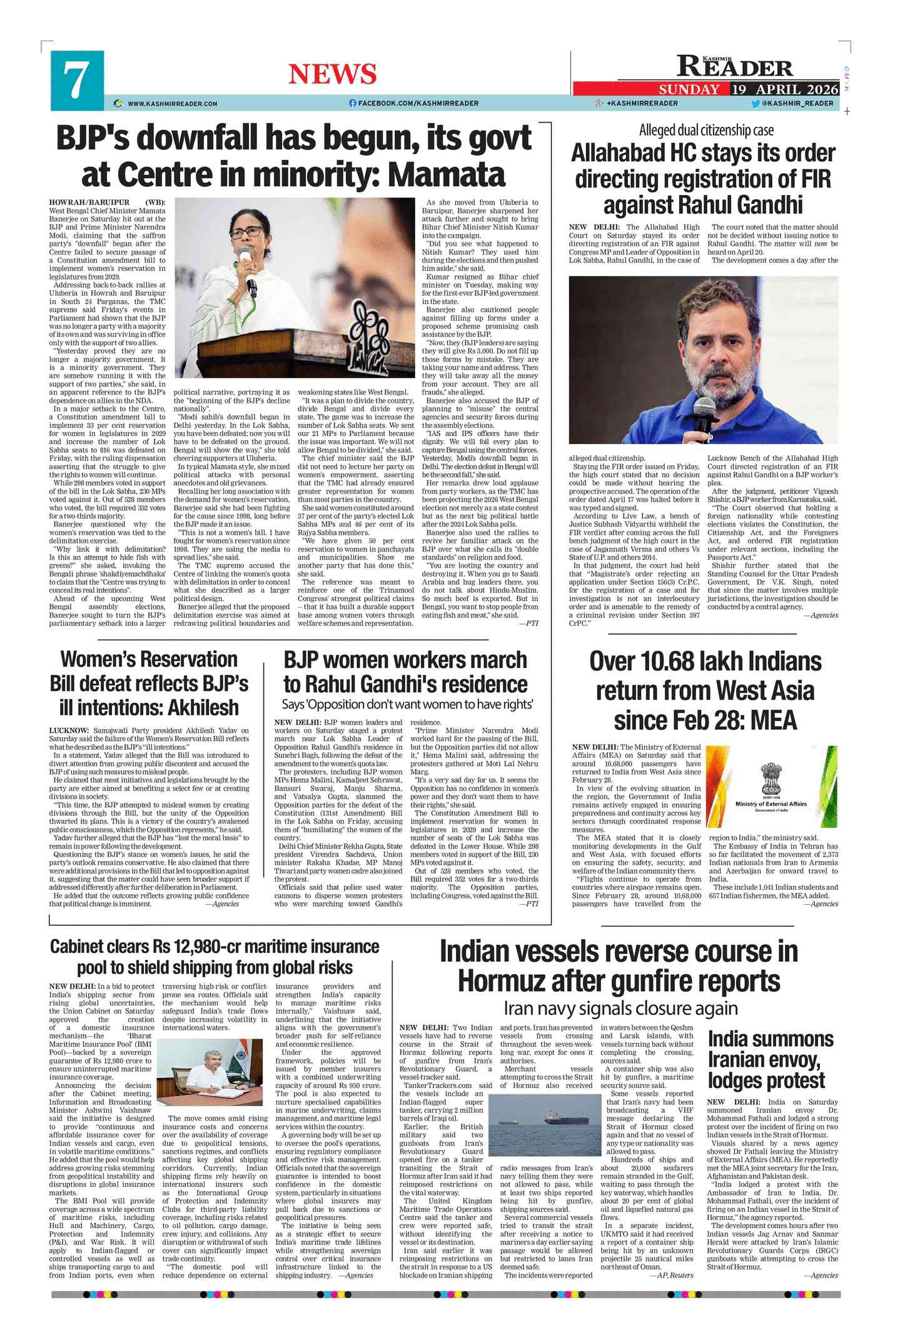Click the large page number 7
76,80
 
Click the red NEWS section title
332,74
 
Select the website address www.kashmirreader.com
172,103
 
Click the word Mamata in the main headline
447,174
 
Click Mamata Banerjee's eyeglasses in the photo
245,232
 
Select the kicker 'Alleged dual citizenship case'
706,130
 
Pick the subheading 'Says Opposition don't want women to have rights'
407,704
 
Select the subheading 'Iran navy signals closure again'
620,1009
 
